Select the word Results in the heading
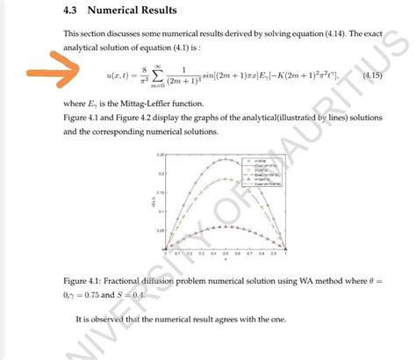click(158, 11)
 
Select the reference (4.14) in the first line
click(308, 33)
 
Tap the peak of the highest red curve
click(225, 160)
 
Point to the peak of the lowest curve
click(225, 226)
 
